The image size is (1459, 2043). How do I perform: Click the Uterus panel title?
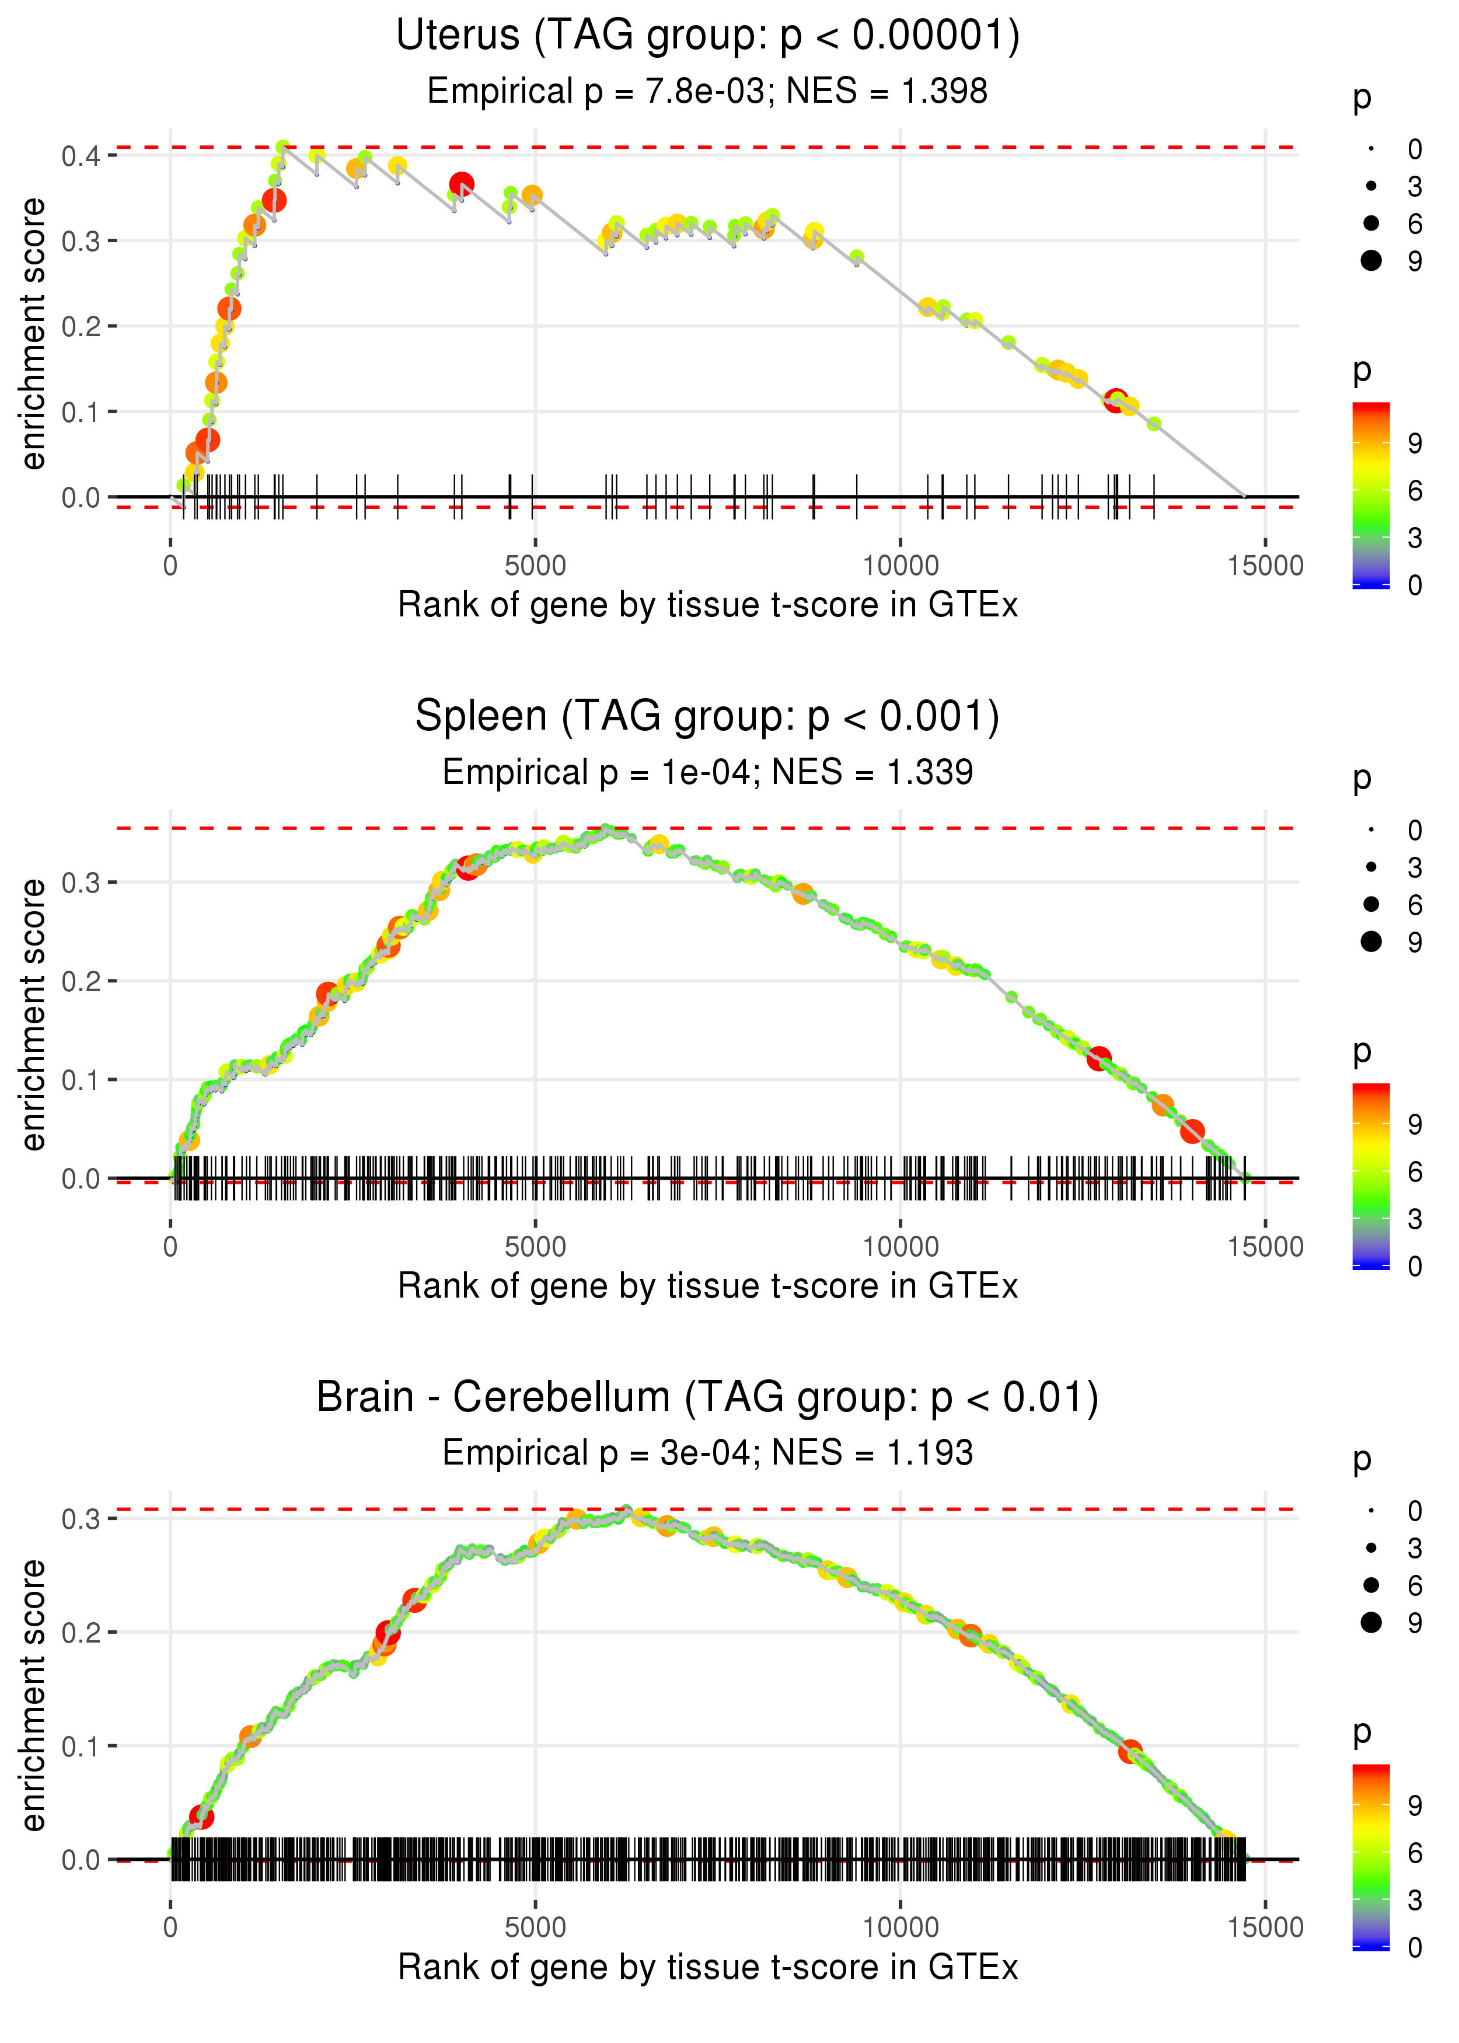[x=707, y=36]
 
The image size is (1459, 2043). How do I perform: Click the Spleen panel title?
[x=707, y=717]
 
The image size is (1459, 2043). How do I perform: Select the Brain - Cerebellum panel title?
[x=707, y=1398]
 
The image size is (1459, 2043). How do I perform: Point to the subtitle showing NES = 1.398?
[x=707, y=92]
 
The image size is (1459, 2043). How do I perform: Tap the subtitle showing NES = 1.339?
[x=707, y=773]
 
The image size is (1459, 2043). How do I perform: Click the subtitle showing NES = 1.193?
[x=707, y=1453]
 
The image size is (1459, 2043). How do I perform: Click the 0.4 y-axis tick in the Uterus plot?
[x=81, y=156]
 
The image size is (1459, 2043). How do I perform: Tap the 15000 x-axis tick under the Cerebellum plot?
[x=1265, y=1928]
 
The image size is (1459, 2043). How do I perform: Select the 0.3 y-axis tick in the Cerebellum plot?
[x=81, y=1519]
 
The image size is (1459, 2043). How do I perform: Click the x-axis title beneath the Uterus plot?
[x=707, y=605]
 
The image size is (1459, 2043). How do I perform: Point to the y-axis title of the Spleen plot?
[x=34, y=1015]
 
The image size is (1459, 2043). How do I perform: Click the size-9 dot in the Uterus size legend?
[x=1371, y=260]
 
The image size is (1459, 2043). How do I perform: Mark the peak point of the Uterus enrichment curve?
[x=283, y=147]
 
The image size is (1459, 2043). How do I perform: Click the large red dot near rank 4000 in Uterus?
[x=462, y=185]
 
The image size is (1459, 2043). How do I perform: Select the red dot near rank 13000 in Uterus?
[x=1115, y=400]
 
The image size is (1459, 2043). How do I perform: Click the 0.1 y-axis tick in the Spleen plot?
[x=81, y=1080]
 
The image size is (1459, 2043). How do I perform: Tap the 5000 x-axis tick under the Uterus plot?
[x=535, y=566]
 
